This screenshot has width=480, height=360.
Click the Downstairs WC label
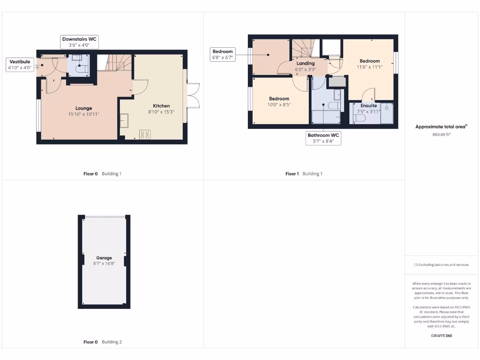79,39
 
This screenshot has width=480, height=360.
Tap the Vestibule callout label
20,61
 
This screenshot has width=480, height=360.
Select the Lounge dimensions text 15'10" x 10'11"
84,114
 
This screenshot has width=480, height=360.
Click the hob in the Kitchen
145,135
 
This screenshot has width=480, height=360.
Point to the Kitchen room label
161,105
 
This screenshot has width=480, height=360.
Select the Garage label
104,258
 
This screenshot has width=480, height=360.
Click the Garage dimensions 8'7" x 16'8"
104,263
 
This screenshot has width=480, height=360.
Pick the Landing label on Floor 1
306,63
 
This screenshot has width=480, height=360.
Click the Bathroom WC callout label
323,135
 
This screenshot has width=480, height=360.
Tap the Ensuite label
368,105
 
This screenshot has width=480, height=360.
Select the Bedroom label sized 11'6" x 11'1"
369,61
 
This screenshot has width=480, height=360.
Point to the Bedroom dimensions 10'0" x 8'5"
280,105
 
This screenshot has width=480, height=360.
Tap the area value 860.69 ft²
441,135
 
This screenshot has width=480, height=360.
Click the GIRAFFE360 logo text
441,336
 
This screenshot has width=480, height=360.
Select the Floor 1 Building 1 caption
304,173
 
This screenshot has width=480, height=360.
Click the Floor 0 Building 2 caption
102,342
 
